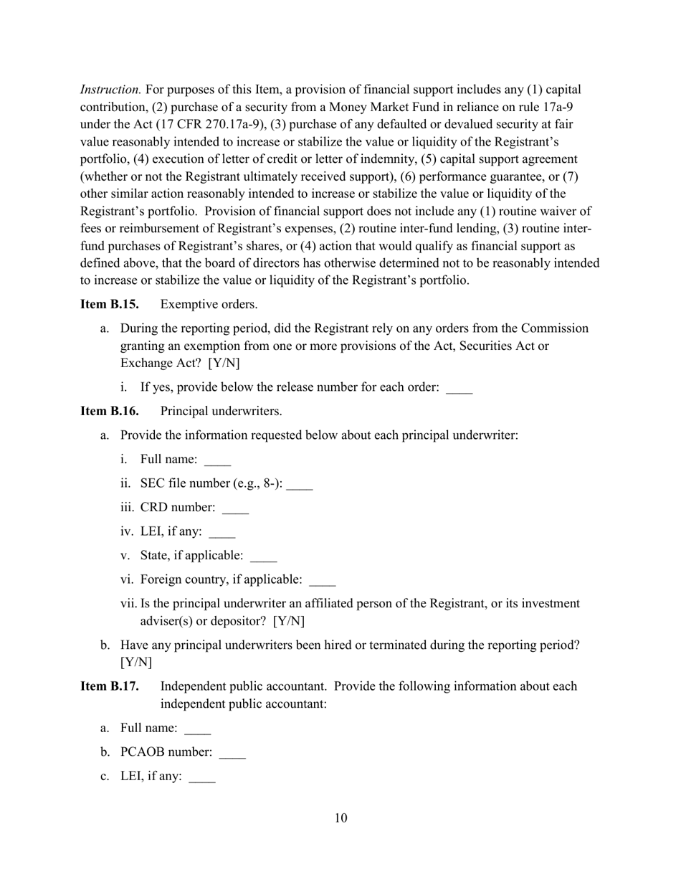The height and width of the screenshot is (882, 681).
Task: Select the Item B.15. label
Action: click(x=109, y=304)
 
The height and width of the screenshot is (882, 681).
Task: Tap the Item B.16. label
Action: click(x=109, y=411)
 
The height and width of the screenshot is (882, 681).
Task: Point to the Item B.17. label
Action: click(x=109, y=686)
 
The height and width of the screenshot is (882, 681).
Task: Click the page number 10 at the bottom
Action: click(x=340, y=818)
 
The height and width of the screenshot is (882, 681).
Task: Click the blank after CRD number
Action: click(x=235, y=508)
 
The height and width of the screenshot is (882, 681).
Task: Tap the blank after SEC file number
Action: click(x=300, y=485)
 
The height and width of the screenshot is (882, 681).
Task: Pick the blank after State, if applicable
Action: click(x=264, y=556)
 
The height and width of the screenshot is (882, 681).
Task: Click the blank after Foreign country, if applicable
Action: click(x=323, y=580)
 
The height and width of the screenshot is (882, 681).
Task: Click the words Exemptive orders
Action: click(x=209, y=304)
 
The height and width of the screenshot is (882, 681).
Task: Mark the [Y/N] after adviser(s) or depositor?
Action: click(x=290, y=621)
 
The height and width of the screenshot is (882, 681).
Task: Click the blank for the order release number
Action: click(x=459, y=388)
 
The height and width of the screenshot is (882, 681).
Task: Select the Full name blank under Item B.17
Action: click(x=198, y=729)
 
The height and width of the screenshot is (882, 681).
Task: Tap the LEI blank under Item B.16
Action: click(x=222, y=533)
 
